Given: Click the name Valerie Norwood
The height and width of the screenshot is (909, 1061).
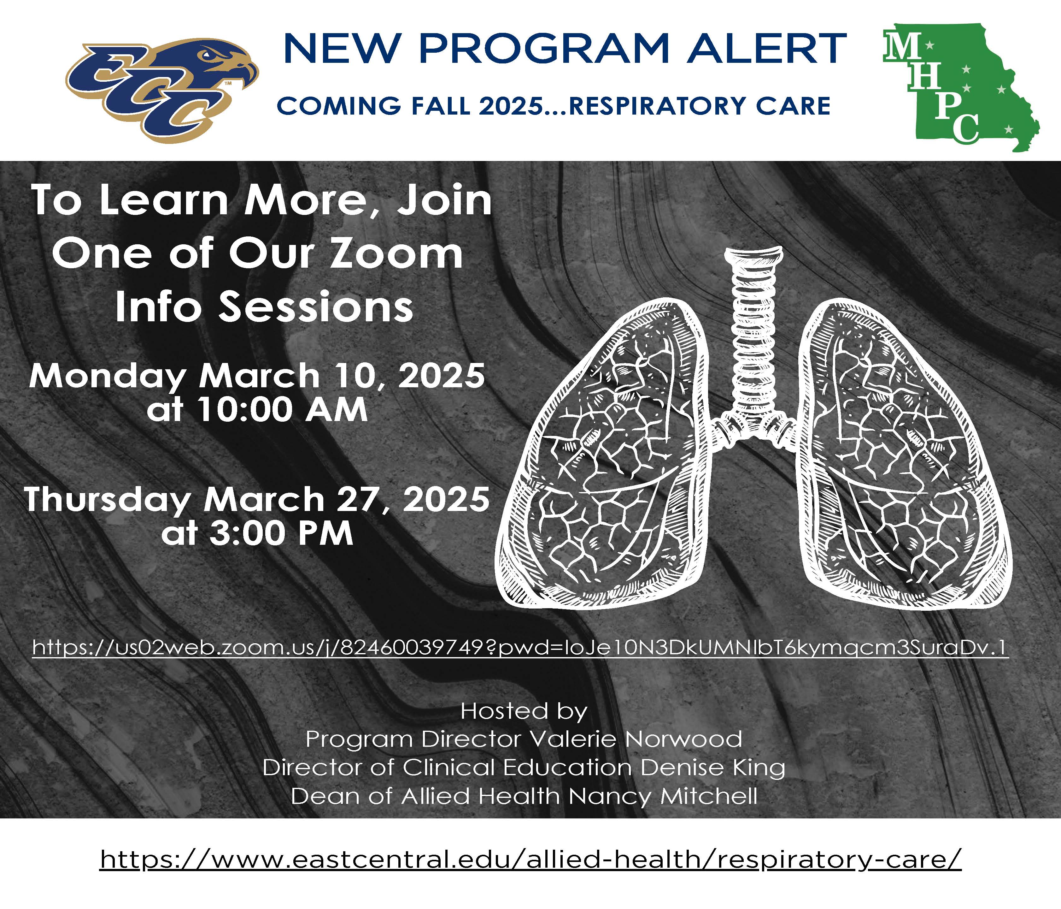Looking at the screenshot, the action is tap(635, 739).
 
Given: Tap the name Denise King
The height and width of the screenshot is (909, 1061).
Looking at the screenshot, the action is tap(713, 767).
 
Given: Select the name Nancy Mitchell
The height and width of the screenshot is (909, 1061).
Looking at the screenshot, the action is tap(663, 796).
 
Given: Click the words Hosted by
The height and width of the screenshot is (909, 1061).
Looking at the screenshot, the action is tap(523, 711).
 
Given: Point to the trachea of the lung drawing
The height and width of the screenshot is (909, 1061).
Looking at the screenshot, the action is tap(753, 328).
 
